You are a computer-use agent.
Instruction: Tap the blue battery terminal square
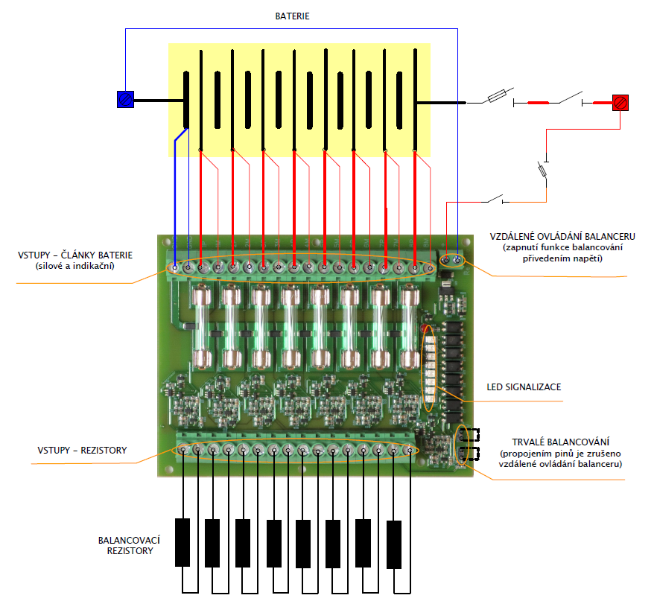pos(125,99)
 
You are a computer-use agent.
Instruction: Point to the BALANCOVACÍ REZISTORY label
pos(130,545)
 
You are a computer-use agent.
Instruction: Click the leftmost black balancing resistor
pos(182,541)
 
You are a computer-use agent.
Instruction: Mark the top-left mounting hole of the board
pos(165,243)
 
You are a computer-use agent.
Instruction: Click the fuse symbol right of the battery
pos(498,96)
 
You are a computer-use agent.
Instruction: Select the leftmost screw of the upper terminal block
pos(174,267)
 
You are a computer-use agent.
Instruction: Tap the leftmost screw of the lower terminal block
pos(182,450)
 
